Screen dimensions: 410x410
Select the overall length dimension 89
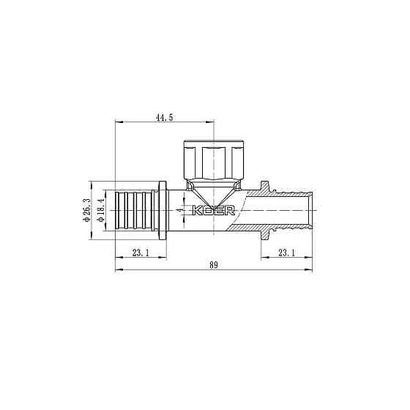point(214,264)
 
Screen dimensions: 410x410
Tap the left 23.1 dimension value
point(141,253)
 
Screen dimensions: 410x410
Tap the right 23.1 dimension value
point(288,253)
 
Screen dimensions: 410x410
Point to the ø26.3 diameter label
point(86,209)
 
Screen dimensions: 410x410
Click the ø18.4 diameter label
point(100,209)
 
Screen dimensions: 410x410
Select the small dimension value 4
point(179,209)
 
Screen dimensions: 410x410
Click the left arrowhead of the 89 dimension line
point(119,269)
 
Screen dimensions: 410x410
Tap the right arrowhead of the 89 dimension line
point(311,269)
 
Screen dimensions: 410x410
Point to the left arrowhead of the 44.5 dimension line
point(119,122)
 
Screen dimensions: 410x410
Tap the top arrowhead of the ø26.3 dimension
point(90,183)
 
